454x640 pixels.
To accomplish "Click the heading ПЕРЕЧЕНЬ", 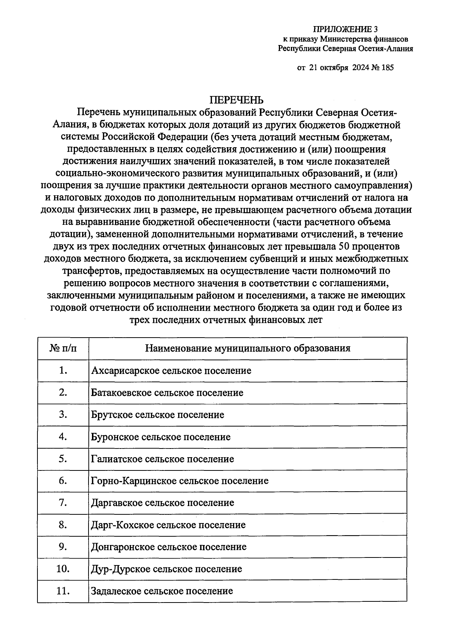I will (236, 100).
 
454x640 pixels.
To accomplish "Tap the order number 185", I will (388, 68).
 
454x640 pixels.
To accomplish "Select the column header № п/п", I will (63, 348).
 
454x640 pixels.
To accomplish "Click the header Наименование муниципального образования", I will (248, 348).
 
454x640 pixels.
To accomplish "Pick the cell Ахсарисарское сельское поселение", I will (171, 371).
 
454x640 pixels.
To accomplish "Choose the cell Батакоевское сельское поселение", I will (167, 392).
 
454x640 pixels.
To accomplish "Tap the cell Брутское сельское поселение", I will (157, 415).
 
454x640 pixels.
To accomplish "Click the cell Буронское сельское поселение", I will (160, 437).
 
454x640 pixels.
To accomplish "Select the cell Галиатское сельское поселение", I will (162, 459).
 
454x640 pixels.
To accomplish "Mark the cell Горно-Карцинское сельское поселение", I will (180, 481).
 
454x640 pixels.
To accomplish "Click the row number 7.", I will (63, 503).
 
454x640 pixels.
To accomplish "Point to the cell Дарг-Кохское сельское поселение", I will (168, 525).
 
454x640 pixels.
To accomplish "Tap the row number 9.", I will (63, 547).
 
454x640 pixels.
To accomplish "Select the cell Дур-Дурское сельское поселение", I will (166, 569).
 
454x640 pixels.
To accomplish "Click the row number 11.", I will (63, 591).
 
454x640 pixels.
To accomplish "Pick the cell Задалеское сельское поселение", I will (162, 591).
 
